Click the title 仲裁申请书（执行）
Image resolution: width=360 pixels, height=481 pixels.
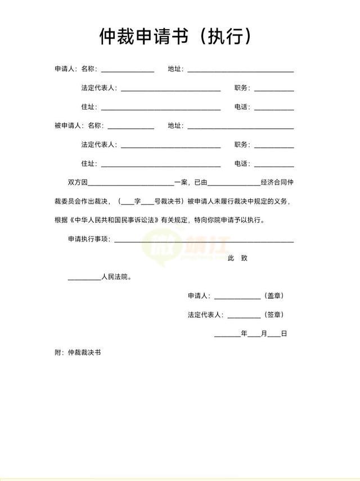[x=175, y=37]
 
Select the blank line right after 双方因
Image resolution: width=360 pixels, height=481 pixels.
[x=131, y=184]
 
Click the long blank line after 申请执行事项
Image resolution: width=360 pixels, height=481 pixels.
[x=204, y=241]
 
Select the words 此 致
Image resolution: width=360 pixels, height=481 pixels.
[x=237, y=258]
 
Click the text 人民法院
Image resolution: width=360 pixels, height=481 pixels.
[x=116, y=277]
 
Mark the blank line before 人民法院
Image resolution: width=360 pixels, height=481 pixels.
[x=84, y=279]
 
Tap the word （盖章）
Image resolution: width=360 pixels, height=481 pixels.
[x=274, y=296]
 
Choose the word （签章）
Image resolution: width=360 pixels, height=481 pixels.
[x=274, y=314]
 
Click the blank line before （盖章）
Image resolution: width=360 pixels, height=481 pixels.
[x=237, y=298]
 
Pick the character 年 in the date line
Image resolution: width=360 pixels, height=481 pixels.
[x=244, y=334]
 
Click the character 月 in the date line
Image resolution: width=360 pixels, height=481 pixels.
[x=264, y=334]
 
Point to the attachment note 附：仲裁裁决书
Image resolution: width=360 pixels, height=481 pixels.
[x=78, y=353]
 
